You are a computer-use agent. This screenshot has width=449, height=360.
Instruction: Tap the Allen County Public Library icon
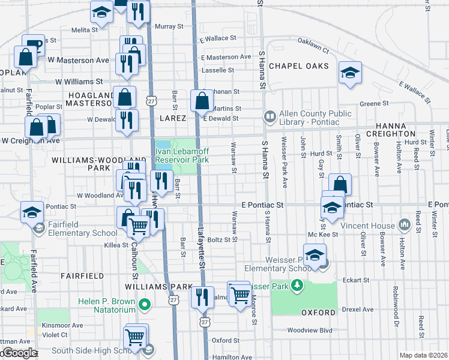[270, 115]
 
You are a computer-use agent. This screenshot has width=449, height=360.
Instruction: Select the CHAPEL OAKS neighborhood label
[299, 65]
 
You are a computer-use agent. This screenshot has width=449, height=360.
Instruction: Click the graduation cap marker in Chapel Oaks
[350, 73]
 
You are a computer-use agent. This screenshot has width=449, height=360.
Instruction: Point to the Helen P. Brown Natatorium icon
[143, 305]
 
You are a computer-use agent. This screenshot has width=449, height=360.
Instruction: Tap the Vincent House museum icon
[405, 226]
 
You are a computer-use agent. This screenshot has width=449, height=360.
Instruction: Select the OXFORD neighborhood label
[318, 313]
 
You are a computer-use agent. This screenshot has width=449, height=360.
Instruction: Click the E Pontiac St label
[262, 205]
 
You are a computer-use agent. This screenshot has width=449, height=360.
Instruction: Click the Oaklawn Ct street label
[313, 43]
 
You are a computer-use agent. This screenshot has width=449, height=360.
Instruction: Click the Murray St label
[169, 26]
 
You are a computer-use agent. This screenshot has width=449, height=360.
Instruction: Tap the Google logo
[19, 353]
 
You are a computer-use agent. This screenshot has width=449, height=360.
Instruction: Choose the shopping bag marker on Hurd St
[340, 185]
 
